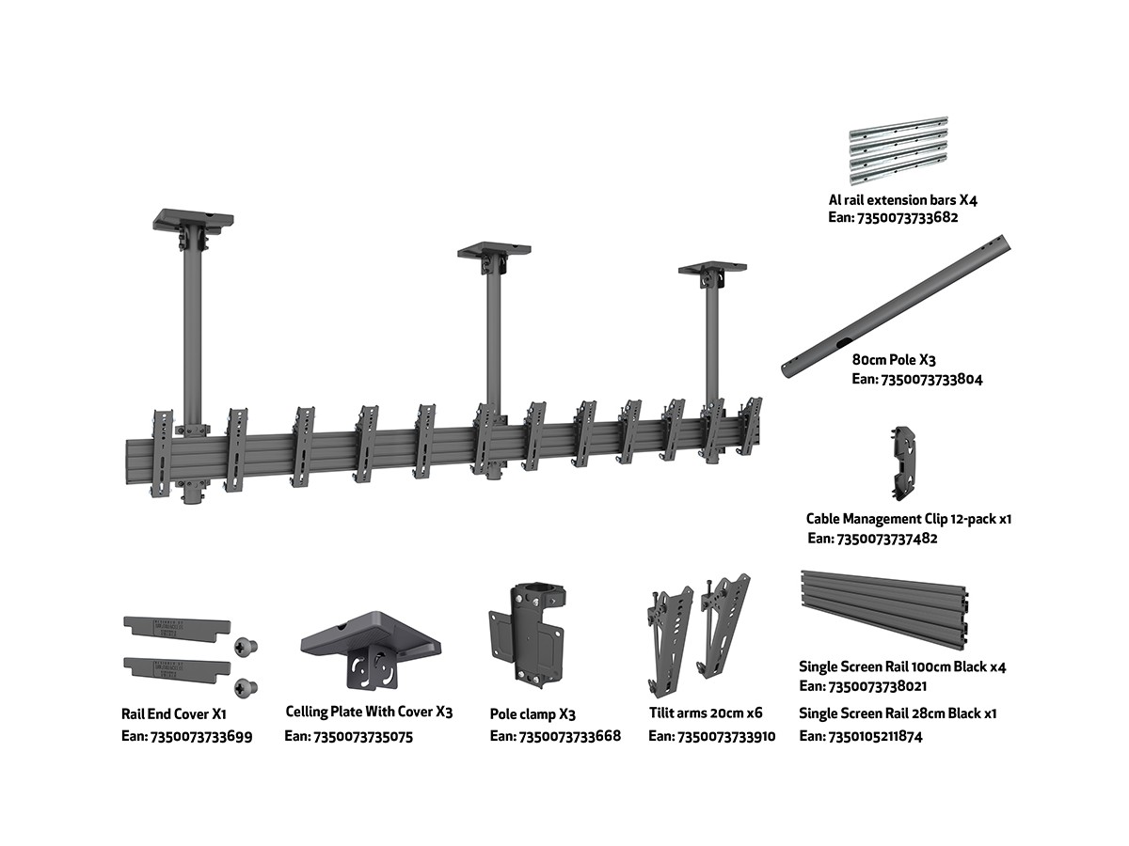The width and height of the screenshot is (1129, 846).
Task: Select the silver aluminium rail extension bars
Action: (x=898, y=150)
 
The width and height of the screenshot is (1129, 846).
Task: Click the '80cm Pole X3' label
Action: (x=894, y=359)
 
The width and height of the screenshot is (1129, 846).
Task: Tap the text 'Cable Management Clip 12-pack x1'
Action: (x=908, y=518)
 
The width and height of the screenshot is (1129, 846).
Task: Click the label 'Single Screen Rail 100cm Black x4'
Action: (x=902, y=666)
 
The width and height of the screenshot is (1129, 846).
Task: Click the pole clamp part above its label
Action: (x=529, y=633)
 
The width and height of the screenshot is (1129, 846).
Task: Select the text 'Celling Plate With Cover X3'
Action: (x=369, y=713)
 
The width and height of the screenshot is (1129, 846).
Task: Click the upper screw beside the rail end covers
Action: (x=246, y=646)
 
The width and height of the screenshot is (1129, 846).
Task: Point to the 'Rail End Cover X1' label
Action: (x=173, y=714)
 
